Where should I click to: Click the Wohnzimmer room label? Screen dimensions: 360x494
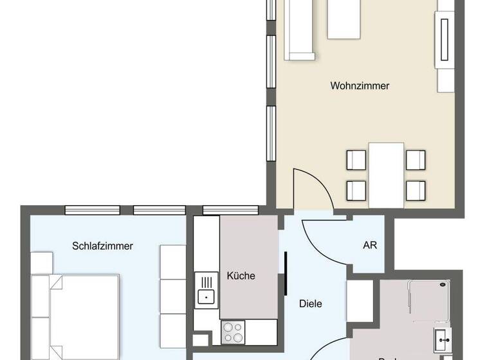click(x=360, y=85)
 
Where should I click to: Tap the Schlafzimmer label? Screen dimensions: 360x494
click(x=103, y=246)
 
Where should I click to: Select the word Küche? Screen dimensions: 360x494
click(x=241, y=276)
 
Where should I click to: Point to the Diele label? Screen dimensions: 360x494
click(x=311, y=303)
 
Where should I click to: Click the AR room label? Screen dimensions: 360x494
click(x=370, y=246)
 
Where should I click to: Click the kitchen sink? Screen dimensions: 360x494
click(x=206, y=296)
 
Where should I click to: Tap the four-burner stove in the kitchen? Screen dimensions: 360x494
click(x=233, y=332)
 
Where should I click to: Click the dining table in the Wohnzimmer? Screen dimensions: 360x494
click(x=386, y=175)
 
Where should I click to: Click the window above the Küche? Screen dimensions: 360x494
click(x=230, y=210)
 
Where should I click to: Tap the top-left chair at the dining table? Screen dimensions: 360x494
click(x=356, y=159)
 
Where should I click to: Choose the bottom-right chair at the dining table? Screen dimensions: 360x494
click(x=416, y=190)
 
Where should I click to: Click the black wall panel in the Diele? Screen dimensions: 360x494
click(x=285, y=273)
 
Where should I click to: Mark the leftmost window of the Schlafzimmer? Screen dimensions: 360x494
click(x=92, y=210)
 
